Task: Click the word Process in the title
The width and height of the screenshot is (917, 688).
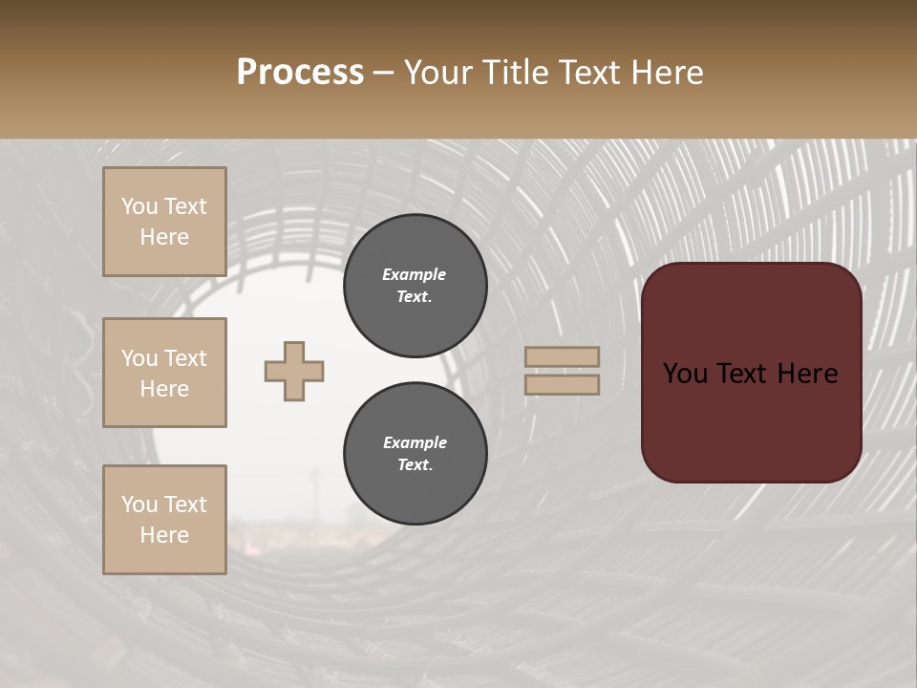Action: click(300, 73)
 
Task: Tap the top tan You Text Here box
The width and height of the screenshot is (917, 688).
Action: click(164, 222)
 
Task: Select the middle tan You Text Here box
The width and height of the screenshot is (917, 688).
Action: click(164, 373)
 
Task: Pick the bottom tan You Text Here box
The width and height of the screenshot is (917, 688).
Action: click(164, 520)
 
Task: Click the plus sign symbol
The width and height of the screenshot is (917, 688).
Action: click(294, 371)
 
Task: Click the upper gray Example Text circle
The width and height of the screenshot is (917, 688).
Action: click(415, 286)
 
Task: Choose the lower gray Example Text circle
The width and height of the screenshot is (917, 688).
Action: click(415, 454)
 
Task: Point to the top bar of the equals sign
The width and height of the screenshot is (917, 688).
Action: click(563, 356)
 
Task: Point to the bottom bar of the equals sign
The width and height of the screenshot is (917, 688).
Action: click(563, 384)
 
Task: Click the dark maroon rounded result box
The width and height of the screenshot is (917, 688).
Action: click(751, 420)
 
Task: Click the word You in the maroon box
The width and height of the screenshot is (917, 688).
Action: click(686, 374)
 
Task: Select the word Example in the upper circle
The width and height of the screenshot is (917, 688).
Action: click(415, 274)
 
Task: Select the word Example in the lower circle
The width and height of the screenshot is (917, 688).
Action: click(415, 442)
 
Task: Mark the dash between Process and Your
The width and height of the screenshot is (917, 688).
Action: click(384, 74)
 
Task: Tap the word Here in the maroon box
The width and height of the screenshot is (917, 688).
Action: click(809, 374)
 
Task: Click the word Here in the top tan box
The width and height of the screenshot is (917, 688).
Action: click(164, 237)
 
